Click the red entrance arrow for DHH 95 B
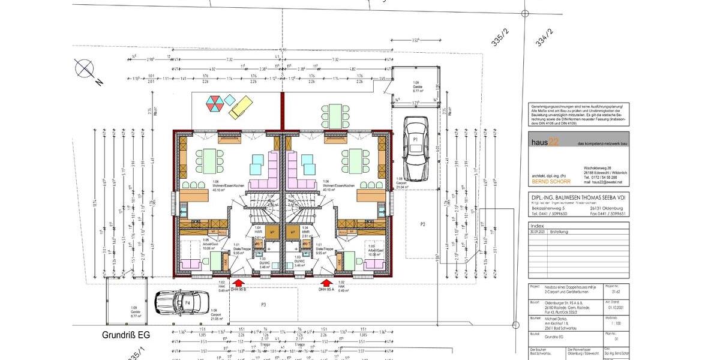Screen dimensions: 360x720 (x=238, y=283)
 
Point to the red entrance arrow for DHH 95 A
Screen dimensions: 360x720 (x=326, y=283)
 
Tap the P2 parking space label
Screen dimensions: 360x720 (x=422, y=224)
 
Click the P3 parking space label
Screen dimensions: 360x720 (x=263, y=305)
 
